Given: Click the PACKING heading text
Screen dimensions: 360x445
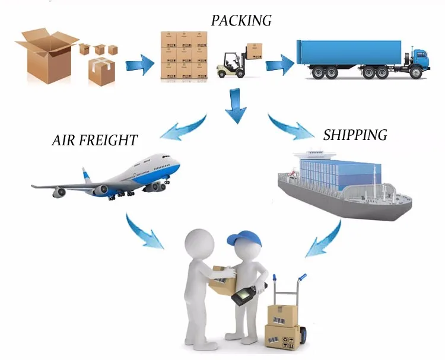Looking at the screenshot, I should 241,20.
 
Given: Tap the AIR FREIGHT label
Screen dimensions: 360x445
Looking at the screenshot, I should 94,141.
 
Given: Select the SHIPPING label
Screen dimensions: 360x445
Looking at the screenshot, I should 355,135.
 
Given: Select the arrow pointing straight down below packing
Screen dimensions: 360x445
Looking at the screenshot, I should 236,105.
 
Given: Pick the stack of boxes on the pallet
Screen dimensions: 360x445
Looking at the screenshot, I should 185,55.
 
